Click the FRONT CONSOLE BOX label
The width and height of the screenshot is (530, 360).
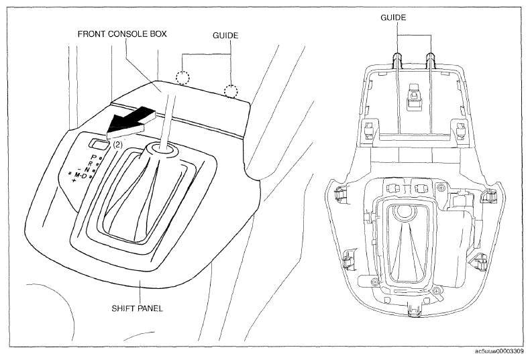pyautogui.click(x=122, y=34)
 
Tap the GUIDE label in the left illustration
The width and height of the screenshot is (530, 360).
pyautogui.click(x=225, y=35)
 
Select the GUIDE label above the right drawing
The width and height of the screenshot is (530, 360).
pyautogui.click(x=393, y=17)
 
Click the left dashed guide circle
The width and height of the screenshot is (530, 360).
pyautogui.click(x=182, y=77)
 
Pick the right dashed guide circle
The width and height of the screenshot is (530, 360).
pyautogui.click(x=231, y=91)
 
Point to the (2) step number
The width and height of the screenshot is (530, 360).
pyautogui.click(x=117, y=145)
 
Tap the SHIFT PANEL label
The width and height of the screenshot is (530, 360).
pyautogui.click(x=138, y=308)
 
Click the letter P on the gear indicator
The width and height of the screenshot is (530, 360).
pyautogui.click(x=95, y=157)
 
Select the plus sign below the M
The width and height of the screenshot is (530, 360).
pyautogui.click(x=74, y=181)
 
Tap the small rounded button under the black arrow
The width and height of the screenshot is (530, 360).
pyautogui.click(x=99, y=144)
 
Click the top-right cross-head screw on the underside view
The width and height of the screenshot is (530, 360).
pyautogui.click(x=440, y=187)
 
